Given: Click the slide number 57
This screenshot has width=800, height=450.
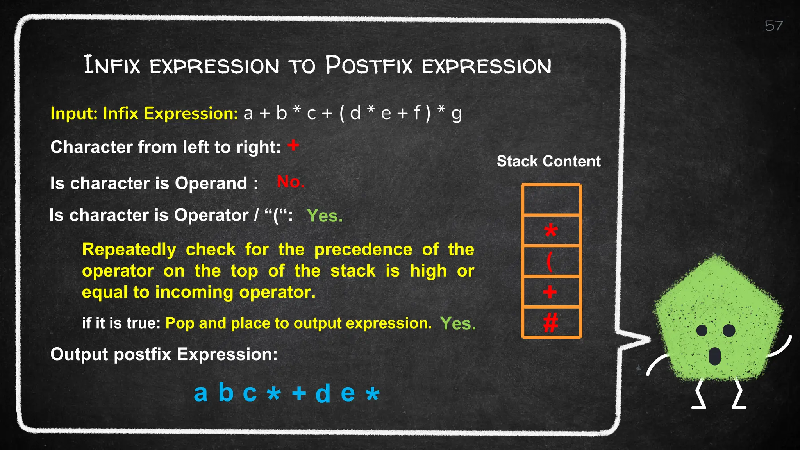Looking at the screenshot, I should [773, 26].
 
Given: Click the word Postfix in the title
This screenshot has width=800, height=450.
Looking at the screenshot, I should [369, 65].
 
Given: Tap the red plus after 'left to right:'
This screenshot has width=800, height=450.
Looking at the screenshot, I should [293, 146].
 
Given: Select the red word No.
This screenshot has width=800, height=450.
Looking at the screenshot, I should [290, 182].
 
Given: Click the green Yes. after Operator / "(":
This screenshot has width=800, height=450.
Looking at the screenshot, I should [325, 216].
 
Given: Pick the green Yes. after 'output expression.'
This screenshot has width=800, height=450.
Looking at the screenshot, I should [458, 323].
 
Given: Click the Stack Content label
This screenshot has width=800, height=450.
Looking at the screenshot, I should [548, 161].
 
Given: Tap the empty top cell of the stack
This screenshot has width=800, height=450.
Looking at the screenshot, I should [551, 200].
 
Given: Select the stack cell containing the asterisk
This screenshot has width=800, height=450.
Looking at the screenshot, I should [551, 230].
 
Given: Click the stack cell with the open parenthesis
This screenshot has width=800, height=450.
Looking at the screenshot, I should [551, 261].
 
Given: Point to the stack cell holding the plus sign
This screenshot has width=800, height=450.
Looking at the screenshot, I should [551, 292].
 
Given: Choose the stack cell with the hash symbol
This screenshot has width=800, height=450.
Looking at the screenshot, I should [551, 323].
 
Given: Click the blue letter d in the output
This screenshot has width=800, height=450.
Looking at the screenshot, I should [323, 393].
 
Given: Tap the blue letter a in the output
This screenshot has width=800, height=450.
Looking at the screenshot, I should [200, 393].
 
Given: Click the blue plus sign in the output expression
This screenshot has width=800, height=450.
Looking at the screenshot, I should [299, 393].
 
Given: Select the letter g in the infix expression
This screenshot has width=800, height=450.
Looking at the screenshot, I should [456, 114].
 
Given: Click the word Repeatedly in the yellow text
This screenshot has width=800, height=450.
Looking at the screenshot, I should [129, 250].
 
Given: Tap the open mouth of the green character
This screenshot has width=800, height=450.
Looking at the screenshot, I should [714, 356].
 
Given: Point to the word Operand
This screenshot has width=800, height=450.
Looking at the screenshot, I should [211, 184].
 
